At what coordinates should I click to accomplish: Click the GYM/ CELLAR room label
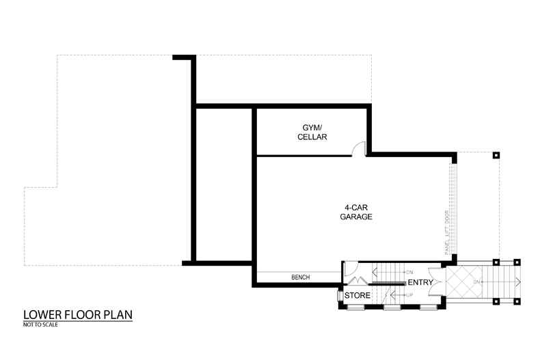coord(312,132)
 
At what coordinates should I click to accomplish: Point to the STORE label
coord(357,295)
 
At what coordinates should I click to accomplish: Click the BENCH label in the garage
coord(301,277)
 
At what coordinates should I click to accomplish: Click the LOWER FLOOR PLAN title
coord(77,315)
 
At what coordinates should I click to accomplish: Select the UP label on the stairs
coord(409,294)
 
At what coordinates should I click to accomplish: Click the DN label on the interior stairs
coord(409,271)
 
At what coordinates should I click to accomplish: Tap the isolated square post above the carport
coord(496,155)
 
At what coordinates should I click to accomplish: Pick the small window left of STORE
coord(338,296)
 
